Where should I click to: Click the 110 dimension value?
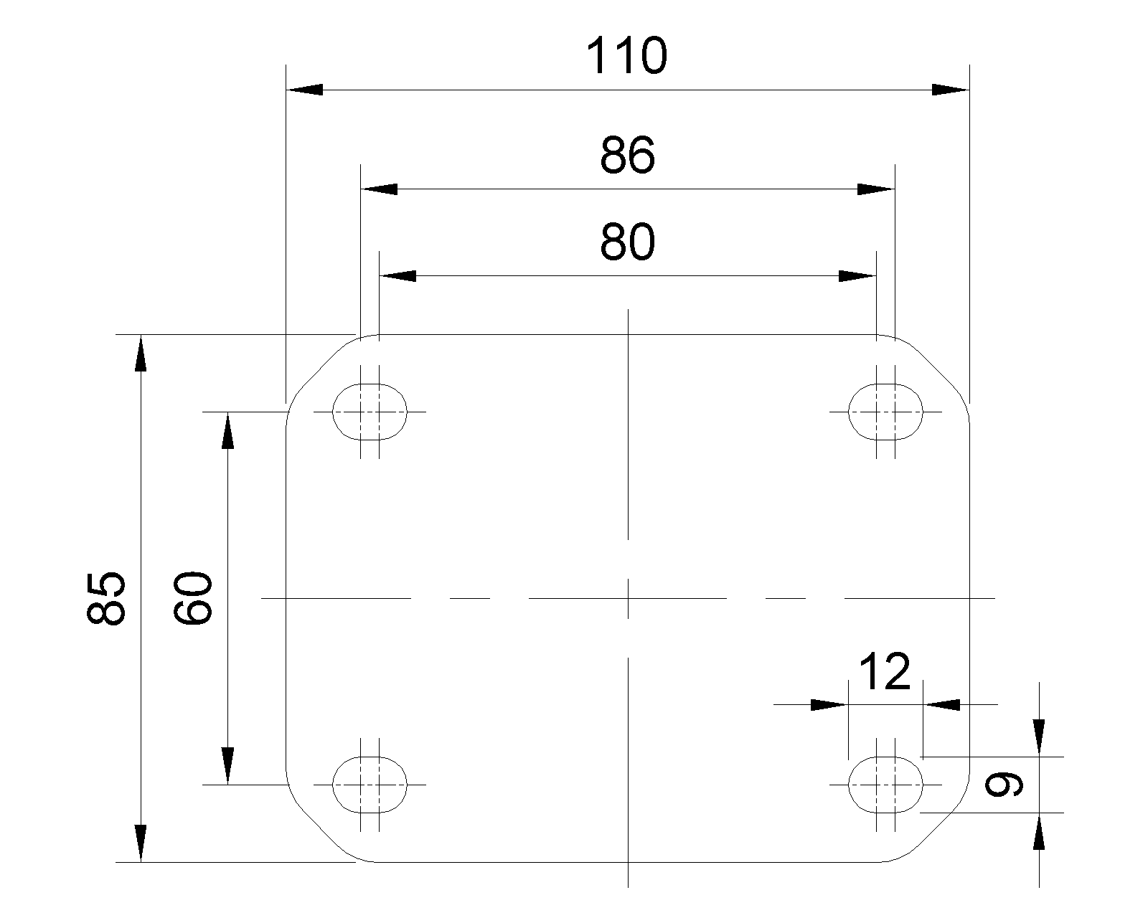click(x=626, y=57)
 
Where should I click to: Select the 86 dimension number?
click(x=627, y=156)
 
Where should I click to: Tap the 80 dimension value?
click(x=627, y=242)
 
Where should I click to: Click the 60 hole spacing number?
click(x=194, y=598)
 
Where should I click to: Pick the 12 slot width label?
click(x=884, y=672)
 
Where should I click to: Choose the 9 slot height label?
click(x=1004, y=785)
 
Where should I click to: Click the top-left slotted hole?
click(x=370, y=412)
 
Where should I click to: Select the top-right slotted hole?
click(x=885, y=412)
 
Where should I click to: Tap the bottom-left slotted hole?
click(x=370, y=784)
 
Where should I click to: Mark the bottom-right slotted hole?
click(x=885, y=784)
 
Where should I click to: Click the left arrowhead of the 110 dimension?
click(x=304, y=90)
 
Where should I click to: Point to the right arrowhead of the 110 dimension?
click(x=951, y=90)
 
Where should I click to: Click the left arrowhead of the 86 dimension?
click(x=379, y=189)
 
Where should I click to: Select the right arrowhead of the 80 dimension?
click(x=857, y=276)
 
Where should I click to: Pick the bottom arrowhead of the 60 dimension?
click(x=227, y=765)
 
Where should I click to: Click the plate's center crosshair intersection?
click(x=628, y=597)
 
